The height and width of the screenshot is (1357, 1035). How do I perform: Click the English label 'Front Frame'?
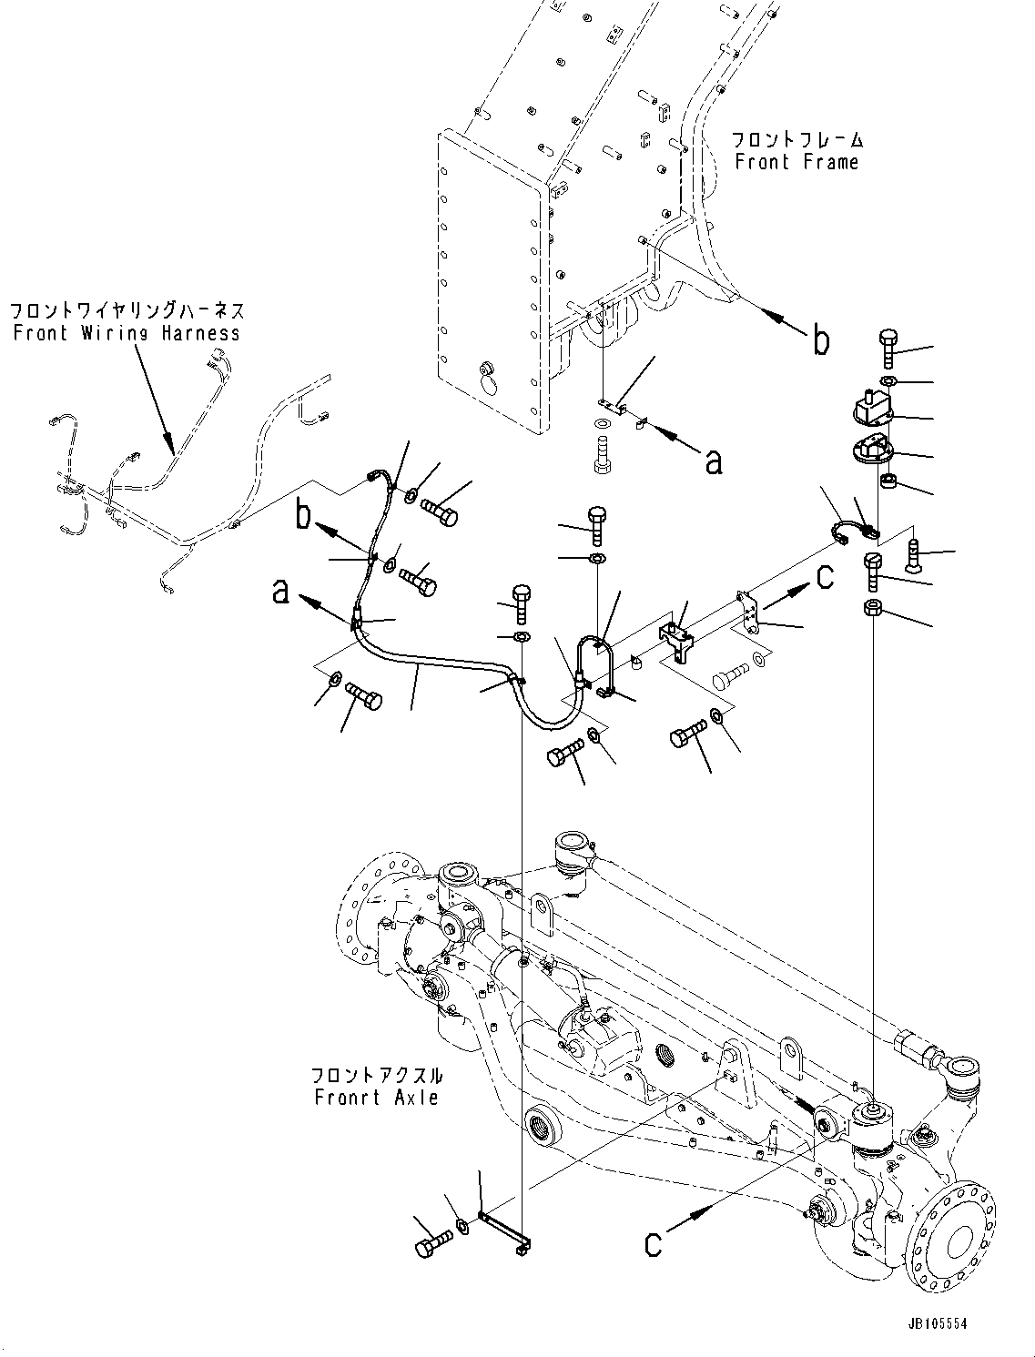click(x=797, y=163)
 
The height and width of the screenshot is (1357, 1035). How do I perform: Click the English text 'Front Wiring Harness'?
click(x=127, y=333)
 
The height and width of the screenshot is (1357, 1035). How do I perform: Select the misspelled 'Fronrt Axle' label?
click(x=376, y=1098)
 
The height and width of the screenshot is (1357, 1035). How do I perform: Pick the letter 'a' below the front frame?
click(x=714, y=461)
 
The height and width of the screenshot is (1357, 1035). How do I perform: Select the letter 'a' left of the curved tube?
click(x=281, y=594)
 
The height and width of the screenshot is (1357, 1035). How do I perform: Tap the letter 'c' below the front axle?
click(x=653, y=1243)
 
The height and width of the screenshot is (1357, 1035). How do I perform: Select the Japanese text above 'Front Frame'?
click(x=797, y=140)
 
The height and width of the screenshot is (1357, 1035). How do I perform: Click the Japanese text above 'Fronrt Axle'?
click(x=376, y=1074)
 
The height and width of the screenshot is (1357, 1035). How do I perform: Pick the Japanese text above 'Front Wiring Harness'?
click(x=127, y=311)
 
